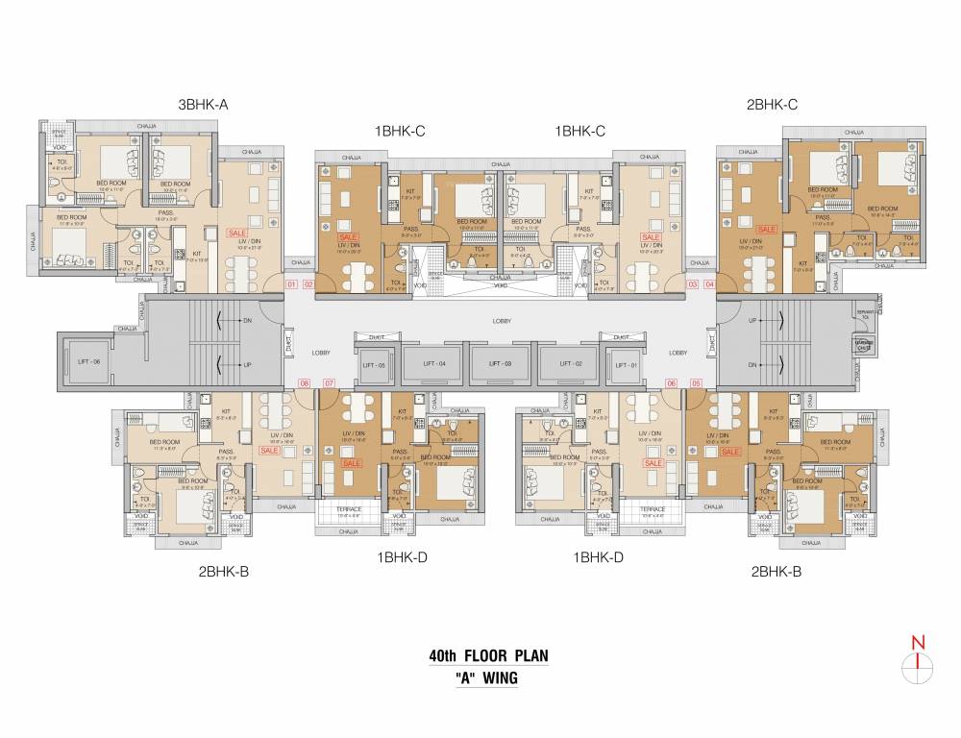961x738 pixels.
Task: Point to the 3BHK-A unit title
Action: coord(202,105)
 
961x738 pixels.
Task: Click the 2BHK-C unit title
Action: coord(772,105)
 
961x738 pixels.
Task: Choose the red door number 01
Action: coord(293,284)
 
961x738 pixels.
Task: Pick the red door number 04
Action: coord(709,284)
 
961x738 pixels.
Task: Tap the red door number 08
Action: coord(305,384)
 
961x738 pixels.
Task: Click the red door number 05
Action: coord(696,384)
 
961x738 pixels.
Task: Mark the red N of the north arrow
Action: coord(919,643)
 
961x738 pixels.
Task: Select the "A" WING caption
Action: coord(487,677)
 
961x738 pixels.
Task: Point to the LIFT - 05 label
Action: coord(373,364)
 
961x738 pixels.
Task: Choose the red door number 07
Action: coord(329,384)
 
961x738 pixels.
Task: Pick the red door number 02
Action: coord(308,284)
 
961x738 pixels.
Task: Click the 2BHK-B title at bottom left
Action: coord(224,572)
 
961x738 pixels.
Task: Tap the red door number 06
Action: coord(672,384)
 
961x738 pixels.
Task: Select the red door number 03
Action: coord(691,284)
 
